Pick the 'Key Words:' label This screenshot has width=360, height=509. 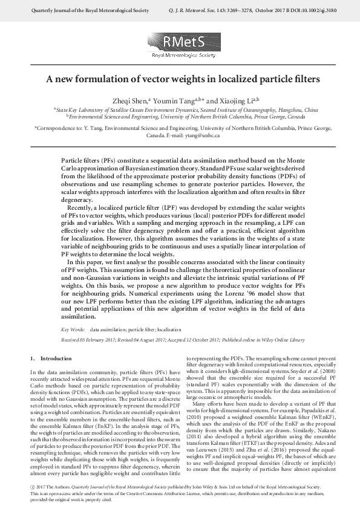coord(74,330)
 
